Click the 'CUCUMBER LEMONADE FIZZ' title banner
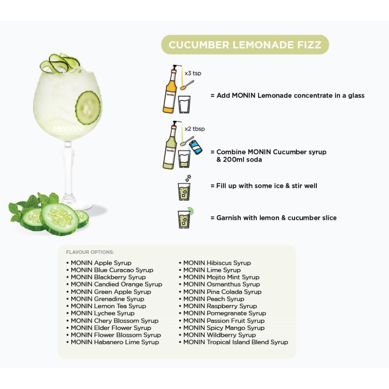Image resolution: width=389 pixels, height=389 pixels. point(245,45)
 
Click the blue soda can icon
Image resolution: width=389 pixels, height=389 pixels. point(196,147)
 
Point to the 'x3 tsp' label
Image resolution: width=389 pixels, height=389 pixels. point(193,73)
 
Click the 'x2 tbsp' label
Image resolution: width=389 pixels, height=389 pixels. point(195,129)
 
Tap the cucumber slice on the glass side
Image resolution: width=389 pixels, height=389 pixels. point(88,107)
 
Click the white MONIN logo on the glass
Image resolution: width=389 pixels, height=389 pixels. point(67,129)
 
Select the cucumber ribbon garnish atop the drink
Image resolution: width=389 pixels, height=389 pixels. point(60,63)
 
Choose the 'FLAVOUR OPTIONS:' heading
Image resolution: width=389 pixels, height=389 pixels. point(90,252)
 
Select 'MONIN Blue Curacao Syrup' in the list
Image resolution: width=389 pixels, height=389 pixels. point(112,270)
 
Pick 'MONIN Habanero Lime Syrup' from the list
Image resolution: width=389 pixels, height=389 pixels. point(115,342)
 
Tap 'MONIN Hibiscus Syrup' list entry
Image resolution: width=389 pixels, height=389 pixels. point(217,263)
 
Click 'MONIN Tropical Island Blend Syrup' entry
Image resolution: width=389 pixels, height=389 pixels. point(236,342)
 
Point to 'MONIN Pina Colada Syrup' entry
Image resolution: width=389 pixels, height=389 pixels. point(222,292)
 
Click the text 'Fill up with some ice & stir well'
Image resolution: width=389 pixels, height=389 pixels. point(266,186)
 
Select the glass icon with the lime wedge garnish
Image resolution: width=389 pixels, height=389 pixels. point(185,218)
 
